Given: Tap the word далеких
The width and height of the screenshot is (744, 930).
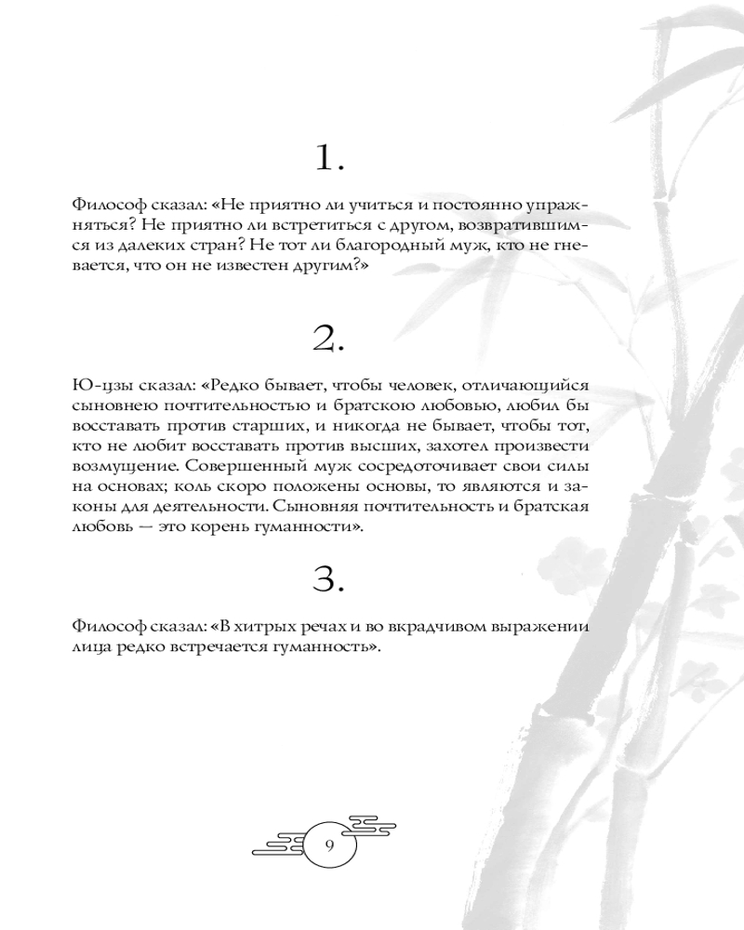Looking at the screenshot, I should pyautogui.click(x=146, y=246).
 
